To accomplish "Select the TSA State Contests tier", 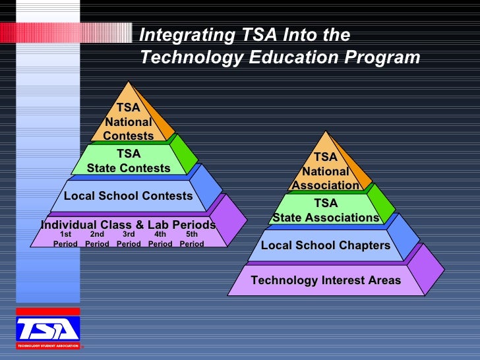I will pyautogui.click(x=129, y=161).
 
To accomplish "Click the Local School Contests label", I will pyautogui.click(x=128, y=196).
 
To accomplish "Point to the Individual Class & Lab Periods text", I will pyautogui.click(x=128, y=224).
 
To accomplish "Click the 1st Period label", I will pyautogui.click(x=65, y=239).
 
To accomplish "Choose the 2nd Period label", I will pyautogui.click(x=97, y=239).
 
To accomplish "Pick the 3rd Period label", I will pyautogui.click(x=129, y=239).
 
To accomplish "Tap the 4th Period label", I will pyautogui.click(x=160, y=239).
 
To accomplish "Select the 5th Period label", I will pyautogui.click(x=192, y=239).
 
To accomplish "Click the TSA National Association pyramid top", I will pyautogui.click(x=325, y=171).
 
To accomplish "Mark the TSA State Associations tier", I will pyautogui.click(x=326, y=210).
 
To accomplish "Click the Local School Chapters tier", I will pyautogui.click(x=326, y=245).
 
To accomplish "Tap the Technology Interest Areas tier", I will pyautogui.click(x=326, y=280).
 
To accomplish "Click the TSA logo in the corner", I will pyautogui.click(x=47, y=329).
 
